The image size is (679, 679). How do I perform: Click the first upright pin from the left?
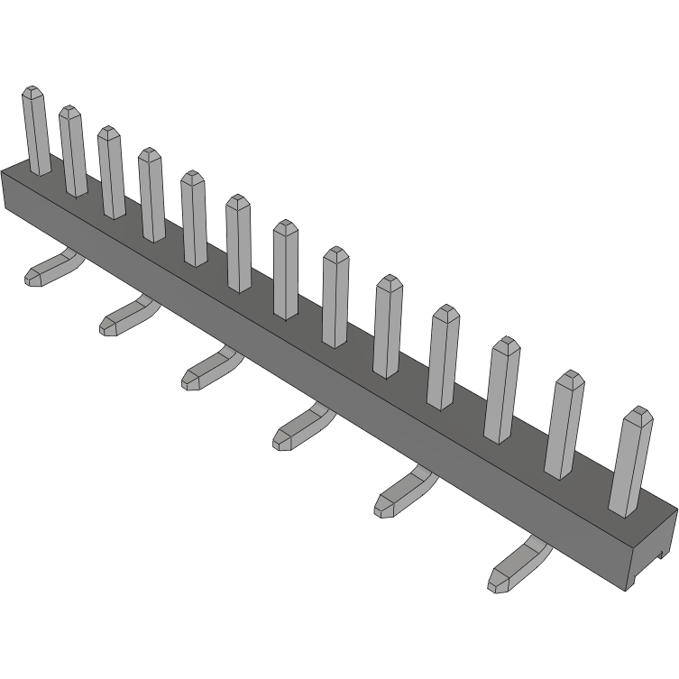pyautogui.click(x=36, y=131)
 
